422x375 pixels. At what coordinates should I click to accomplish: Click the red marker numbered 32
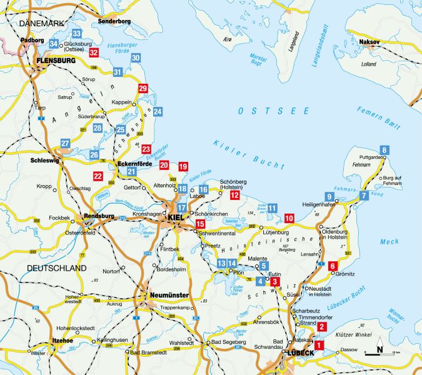[x=94, y=53]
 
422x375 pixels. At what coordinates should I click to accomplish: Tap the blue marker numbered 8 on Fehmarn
[x=384, y=149]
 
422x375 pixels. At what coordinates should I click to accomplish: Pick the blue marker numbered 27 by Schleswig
[x=66, y=144]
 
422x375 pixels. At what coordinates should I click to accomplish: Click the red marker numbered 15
[x=200, y=224]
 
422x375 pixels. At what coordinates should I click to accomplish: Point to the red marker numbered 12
[x=234, y=196]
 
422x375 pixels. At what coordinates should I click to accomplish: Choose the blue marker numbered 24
[x=158, y=111]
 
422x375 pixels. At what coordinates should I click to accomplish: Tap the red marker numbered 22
[x=98, y=176]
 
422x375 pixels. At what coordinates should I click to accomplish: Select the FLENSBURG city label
[x=56, y=61]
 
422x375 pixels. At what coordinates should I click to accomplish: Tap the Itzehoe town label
[x=63, y=341]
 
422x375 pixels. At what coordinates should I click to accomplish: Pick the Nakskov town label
[x=371, y=42]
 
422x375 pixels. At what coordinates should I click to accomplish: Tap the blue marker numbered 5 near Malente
[x=263, y=266]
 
